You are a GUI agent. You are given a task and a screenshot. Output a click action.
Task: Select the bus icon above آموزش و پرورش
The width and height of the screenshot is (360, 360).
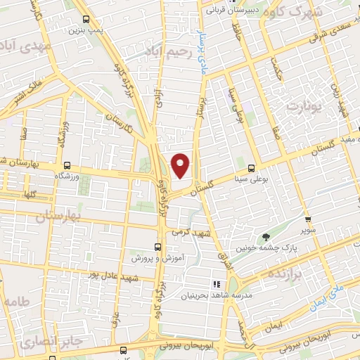(157, 247)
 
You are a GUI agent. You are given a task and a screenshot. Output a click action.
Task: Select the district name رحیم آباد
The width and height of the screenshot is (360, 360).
(167, 50)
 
